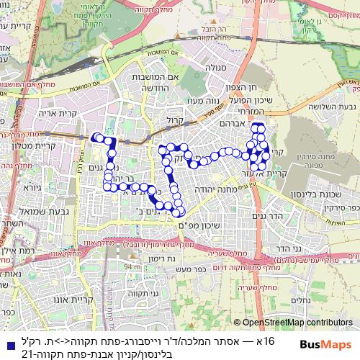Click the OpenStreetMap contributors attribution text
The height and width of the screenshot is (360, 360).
(294, 323)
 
